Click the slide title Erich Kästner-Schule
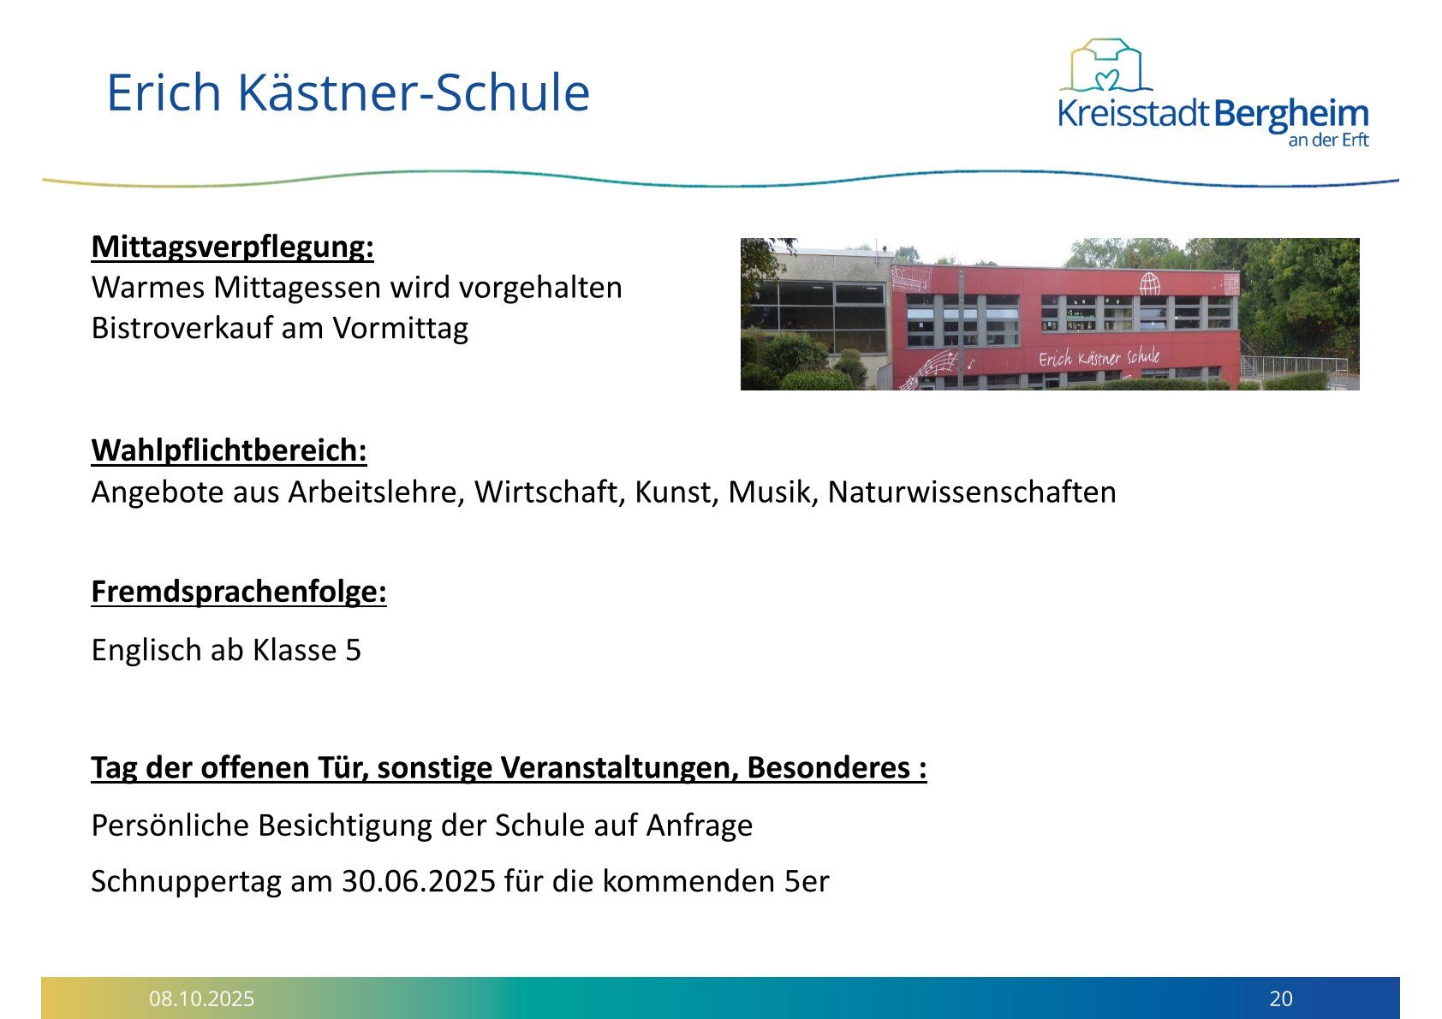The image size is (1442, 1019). click(348, 92)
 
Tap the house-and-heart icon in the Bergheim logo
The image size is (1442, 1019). click(1105, 65)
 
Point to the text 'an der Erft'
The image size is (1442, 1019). click(1328, 140)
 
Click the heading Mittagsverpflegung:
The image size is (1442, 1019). click(232, 247)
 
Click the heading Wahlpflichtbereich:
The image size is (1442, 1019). click(229, 450)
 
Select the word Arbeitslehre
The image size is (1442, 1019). click(376, 492)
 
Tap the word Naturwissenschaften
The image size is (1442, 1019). click(971, 492)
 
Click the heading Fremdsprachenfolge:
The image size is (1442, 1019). click(239, 592)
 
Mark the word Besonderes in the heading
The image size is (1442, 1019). click(829, 767)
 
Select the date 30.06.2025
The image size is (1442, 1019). click(419, 881)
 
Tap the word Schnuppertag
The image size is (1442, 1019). click(186, 882)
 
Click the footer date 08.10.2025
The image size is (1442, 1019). click(201, 998)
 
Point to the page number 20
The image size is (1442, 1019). click(1281, 998)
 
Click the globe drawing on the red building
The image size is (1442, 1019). click(1150, 283)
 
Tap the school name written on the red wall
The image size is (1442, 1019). click(1099, 357)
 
